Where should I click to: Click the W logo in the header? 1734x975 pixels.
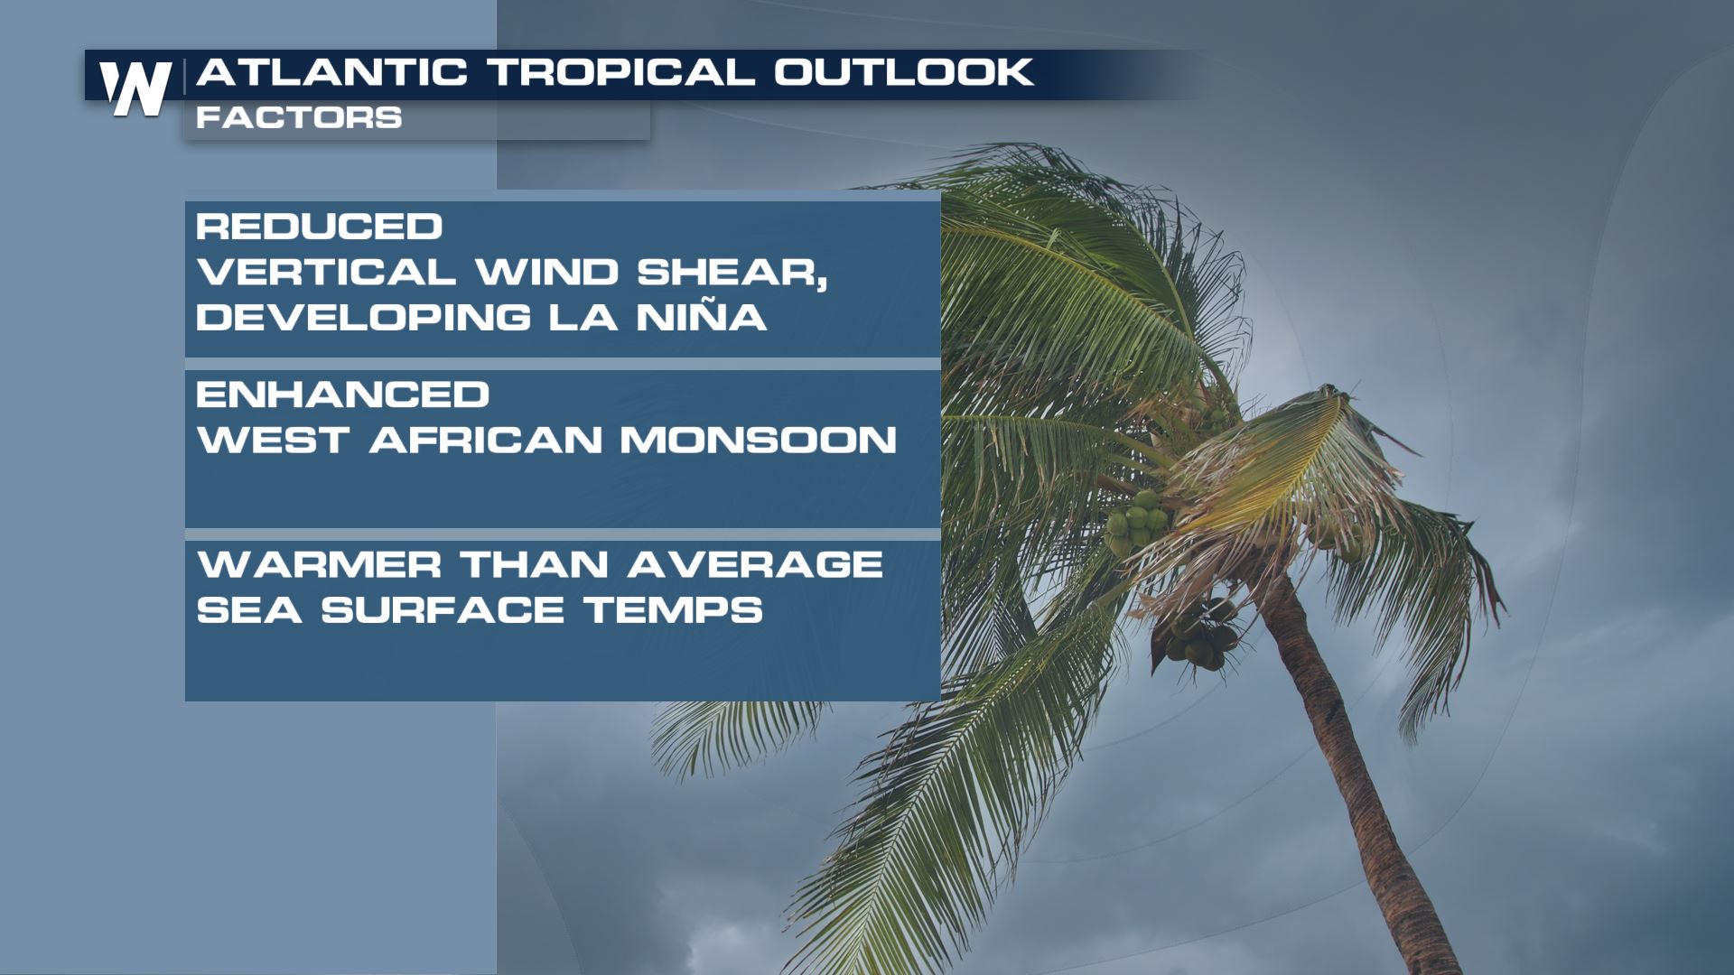[x=135, y=88]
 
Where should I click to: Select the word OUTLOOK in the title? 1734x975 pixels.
[x=904, y=72]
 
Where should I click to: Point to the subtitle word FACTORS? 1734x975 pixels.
[x=299, y=117]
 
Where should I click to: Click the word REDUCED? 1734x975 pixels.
[x=320, y=226]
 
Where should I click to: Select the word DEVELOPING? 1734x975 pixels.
[x=364, y=317]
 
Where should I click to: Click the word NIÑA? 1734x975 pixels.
[x=702, y=315]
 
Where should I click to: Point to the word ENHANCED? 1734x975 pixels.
[x=343, y=395]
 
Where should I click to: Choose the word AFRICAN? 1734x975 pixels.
[x=486, y=440]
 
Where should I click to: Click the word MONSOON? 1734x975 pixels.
[x=759, y=440]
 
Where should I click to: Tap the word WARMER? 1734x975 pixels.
[x=320, y=565]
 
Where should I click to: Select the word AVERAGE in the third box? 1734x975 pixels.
[x=755, y=565]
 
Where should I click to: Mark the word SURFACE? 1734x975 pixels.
[x=443, y=610]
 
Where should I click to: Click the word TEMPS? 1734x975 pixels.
[x=674, y=610]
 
